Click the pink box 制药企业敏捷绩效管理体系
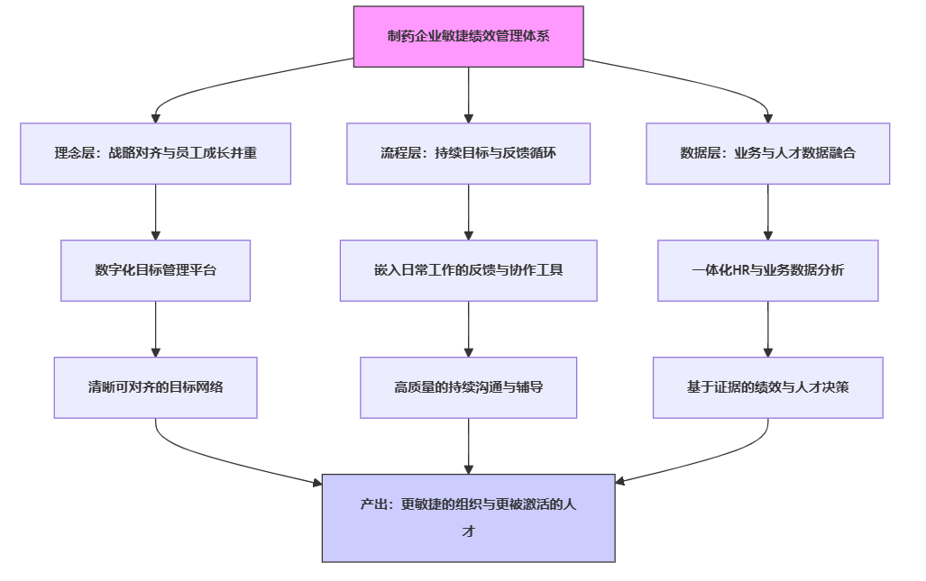(468, 36)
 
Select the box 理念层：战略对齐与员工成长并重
(155, 153)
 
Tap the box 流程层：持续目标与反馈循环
(468, 153)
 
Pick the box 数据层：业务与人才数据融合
(767, 153)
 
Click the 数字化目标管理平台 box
(155, 270)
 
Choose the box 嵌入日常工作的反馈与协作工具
(468, 270)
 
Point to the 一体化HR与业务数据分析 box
(767, 270)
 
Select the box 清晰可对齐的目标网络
(155, 387)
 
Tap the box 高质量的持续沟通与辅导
(468, 387)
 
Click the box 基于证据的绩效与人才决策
(767, 387)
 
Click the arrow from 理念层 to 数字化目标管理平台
(155, 212)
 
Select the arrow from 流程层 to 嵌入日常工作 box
(468, 212)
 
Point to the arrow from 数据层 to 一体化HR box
(767, 212)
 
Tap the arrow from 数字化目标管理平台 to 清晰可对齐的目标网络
(155, 329)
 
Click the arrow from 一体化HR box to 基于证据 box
(767, 329)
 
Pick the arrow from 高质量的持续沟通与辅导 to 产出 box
(468, 446)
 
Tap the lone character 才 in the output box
(468, 531)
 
